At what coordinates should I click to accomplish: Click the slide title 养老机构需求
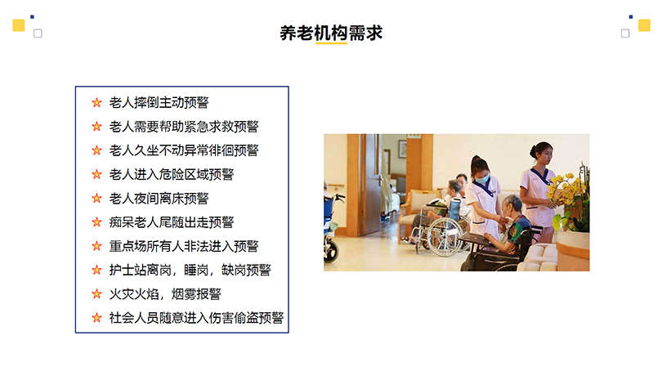click(331, 33)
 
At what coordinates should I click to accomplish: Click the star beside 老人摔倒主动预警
click(96, 103)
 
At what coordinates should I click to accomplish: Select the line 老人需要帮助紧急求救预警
click(184, 127)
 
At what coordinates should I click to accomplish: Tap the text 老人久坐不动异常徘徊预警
click(184, 150)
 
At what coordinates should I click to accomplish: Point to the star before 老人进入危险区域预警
click(96, 174)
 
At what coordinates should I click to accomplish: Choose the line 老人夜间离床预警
click(159, 199)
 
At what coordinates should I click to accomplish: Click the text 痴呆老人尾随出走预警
click(172, 222)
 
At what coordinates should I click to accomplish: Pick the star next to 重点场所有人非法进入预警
click(96, 246)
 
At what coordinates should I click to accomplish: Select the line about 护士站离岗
click(190, 271)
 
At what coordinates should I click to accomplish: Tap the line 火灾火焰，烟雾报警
click(165, 294)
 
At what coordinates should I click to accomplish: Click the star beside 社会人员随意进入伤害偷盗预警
click(96, 318)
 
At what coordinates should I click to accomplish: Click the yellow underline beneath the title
click(332, 43)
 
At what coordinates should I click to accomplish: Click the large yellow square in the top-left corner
click(19, 25)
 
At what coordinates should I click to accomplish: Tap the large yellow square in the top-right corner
click(644, 25)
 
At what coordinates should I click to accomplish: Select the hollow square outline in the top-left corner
click(38, 34)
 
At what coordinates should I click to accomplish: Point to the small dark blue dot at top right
click(631, 17)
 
